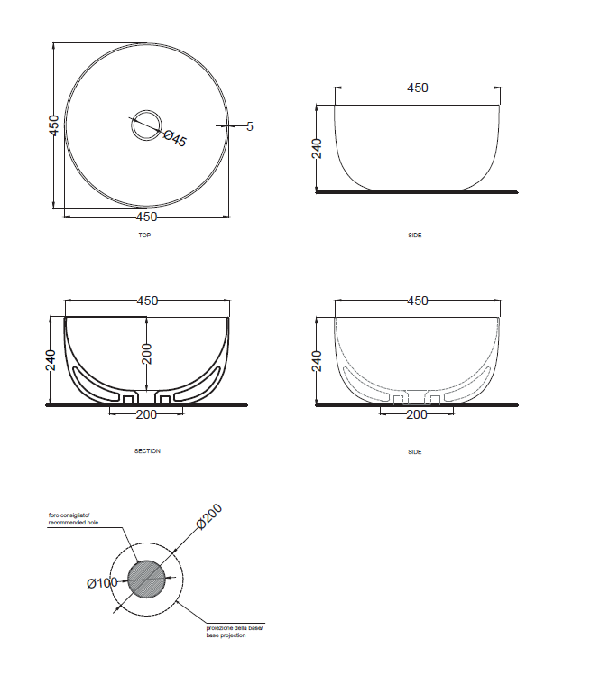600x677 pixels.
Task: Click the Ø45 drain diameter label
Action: point(175,138)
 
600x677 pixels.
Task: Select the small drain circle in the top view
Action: point(144,125)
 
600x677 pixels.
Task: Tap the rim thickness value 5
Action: point(250,126)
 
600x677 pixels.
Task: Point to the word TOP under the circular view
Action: point(144,235)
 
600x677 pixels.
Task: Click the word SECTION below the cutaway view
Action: point(146,451)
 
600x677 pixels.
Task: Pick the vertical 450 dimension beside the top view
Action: point(54,125)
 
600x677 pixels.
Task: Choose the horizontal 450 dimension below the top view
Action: point(146,217)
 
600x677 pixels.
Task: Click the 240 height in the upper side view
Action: point(317,148)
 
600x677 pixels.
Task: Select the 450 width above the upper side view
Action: point(417,88)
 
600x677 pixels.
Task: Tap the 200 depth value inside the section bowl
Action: point(147,353)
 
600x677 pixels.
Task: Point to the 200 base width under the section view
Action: point(146,414)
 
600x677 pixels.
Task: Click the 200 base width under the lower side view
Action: point(417,414)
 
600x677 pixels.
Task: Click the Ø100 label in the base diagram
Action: point(102,583)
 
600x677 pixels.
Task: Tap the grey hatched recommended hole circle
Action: point(147,579)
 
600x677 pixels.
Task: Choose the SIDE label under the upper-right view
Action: point(414,235)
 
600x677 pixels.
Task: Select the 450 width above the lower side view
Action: point(417,301)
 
